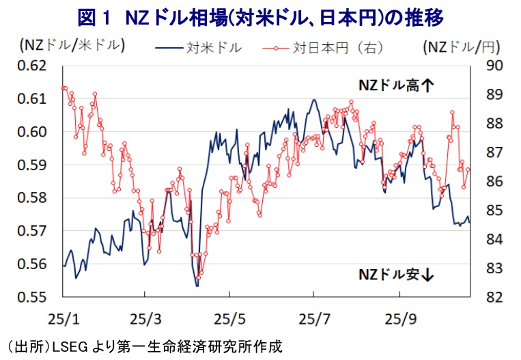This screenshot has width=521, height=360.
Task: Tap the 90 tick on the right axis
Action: tap(493, 66)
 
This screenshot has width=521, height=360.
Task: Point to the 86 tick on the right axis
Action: tap(493, 182)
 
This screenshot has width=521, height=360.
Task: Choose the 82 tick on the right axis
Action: tap(493, 297)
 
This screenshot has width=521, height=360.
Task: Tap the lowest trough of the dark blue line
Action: tap(197, 286)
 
